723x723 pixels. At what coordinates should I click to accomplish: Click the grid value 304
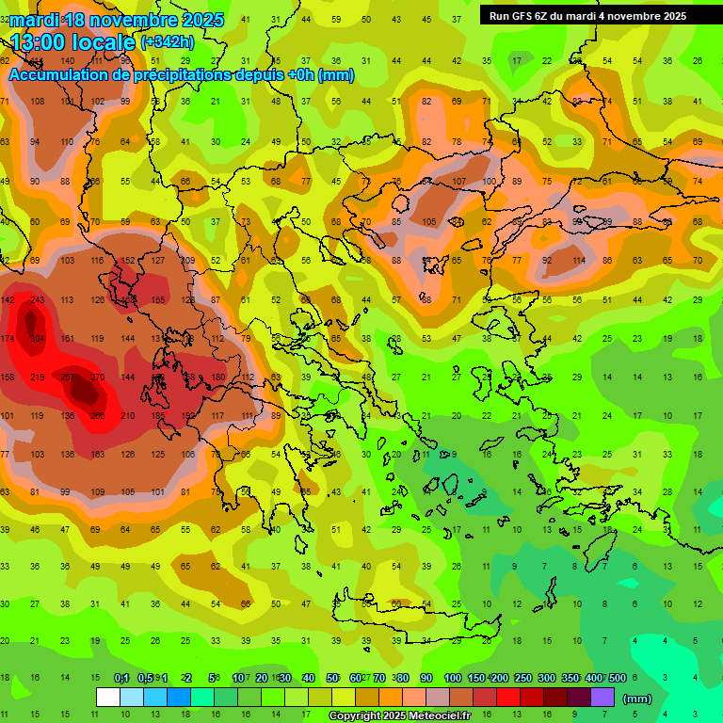click(x=37, y=339)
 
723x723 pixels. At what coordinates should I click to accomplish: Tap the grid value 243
click(x=37, y=300)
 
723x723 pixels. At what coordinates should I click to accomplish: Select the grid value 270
click(x=97, y=378)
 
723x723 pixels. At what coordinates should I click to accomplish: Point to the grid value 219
click(x=37, y=378)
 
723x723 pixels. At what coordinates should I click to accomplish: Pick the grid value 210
click(x=128, y=416)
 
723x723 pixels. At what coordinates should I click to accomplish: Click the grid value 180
click(x=217, y=378)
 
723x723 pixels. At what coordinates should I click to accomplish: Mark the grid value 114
click(x=578, y=261)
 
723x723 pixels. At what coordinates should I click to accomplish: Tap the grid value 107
click(x=458, y=182)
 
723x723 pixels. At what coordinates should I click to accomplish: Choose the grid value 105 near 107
click(x=428, y=222)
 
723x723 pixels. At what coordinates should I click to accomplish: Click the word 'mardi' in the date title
click(x=37, y=20)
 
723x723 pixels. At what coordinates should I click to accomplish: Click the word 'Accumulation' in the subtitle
click(x=62, y=75)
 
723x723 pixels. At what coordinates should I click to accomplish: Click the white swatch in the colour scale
click(x=107, y=698)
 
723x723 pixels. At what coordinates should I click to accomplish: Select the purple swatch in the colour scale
click(x=602, y=698)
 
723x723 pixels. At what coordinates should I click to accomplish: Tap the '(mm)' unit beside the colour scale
click(x=637, y=699)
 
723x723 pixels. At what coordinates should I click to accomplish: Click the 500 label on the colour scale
click(x=617, y=679)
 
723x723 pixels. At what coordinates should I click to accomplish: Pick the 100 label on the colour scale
click(x=452, y=679)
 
